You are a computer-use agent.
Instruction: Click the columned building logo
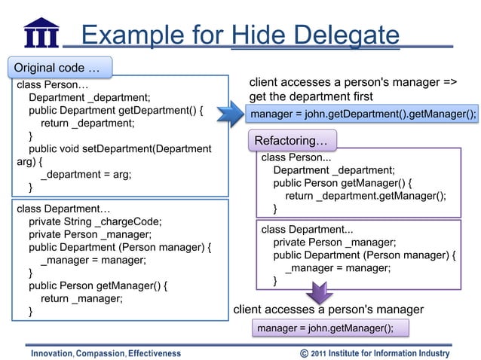[x=41, y=32]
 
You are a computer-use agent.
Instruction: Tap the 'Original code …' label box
[x=58, y=67]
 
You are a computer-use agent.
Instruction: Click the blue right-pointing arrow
[x=231, y=114]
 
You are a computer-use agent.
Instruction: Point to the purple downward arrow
[x=318, y=293]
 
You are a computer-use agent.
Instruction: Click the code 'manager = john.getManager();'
[x=325, y=328]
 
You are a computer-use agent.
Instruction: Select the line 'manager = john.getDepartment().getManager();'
[x=363, y=114]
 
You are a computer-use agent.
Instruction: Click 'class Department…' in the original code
[x=63, y=208]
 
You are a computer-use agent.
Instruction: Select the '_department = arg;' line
[x=86, y=174]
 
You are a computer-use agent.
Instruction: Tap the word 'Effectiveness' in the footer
[x=155, y=353]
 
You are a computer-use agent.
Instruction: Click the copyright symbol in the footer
[x=304, y=352]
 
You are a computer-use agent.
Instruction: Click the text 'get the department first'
[x=311, y=96]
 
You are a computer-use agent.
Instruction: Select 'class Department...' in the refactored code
[x=307, y=229]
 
